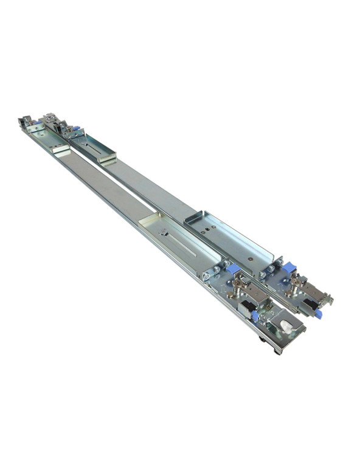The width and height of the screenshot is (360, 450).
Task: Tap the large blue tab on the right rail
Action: pyautogui.click(x=288, y=267)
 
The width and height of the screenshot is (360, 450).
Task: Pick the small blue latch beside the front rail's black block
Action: pyautogui.click(x=256, y=316)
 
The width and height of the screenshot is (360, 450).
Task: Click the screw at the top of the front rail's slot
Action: pyautogui.click(x=162, y=231)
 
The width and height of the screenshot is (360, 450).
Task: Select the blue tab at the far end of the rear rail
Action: pyautogui.click(x=76, y=128)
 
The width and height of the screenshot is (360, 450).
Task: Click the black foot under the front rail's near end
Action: pyautogui.click(x=276, y=350)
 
